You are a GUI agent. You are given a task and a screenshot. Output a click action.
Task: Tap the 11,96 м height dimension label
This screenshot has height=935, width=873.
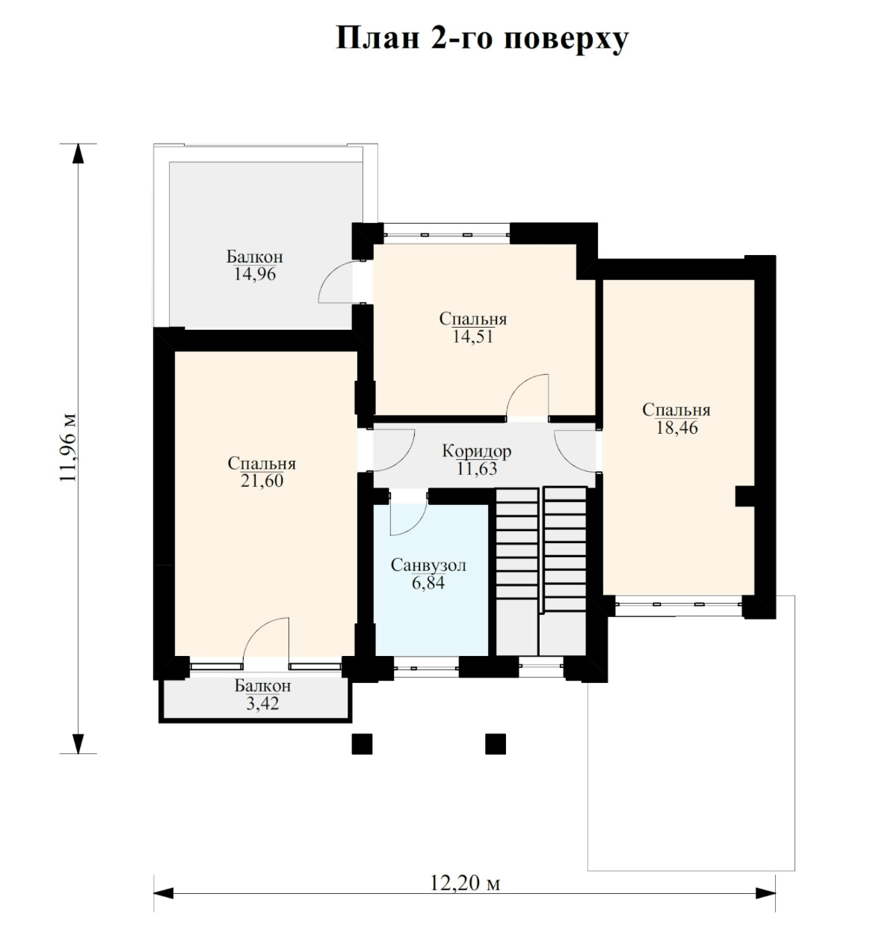pyautogui.click(x=68, y=447)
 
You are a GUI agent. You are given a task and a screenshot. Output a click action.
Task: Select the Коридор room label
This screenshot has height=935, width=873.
pyautogui.click(x=476, y=451)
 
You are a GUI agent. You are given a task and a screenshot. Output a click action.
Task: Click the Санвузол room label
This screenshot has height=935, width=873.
pyautogui.click(x=428, y=565)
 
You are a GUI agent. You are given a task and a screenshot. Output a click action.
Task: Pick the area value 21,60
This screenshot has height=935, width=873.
pyautogui.click(x=262, y=481)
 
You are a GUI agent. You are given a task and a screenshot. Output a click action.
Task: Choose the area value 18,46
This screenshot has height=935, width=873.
pyautogui.click(x=676, y=428)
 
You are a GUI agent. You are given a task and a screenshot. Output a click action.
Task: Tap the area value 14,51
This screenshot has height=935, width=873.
pyautogui.click(x=473, y=337)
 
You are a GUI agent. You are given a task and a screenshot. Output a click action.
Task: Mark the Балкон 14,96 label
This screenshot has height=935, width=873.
pyautogui.click(x=255, y=265)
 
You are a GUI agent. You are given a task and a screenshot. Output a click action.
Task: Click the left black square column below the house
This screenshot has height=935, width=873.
pyautogui.click(x=362, y=744)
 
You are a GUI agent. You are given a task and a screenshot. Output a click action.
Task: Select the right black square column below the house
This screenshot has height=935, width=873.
pyautogui.click(x=496, y=744)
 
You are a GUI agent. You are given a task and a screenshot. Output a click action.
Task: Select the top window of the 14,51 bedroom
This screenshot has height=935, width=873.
pyautogui.click(x=447, y=233)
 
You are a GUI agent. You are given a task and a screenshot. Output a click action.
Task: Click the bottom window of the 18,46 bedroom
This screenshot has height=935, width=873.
pyautogui.click(x=679, y=604)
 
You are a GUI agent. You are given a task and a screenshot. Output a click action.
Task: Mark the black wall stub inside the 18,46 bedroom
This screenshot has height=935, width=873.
pyautogui.click(x=745, y=497)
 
